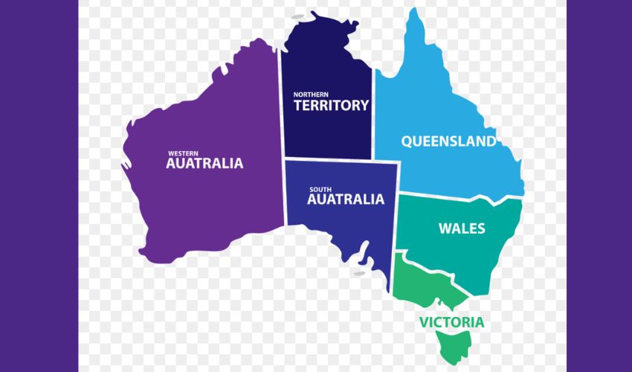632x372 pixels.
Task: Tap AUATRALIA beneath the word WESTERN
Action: click(x=204, y=164)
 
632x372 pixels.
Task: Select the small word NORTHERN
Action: click(x=311, y=94)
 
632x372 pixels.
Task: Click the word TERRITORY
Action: click(x=331, y=106)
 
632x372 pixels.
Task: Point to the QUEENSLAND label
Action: click(x=448, y=141)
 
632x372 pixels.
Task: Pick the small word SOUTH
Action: click(x=320, y=189)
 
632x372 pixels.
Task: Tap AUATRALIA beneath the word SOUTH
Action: click(x=346, y=199)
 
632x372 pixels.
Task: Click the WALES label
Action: click(x=461, y=228)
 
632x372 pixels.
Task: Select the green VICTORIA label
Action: click(x=451, y=322)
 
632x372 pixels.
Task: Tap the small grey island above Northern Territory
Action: click(x=298, y=16)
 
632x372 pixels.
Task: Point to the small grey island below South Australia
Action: click(x=359, y=273)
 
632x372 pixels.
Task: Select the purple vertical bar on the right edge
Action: click(x=599, y=186)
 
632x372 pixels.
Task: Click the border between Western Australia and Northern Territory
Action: click(x=282, y=104)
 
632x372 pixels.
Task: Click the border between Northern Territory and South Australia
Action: click(x=327, y=159)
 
